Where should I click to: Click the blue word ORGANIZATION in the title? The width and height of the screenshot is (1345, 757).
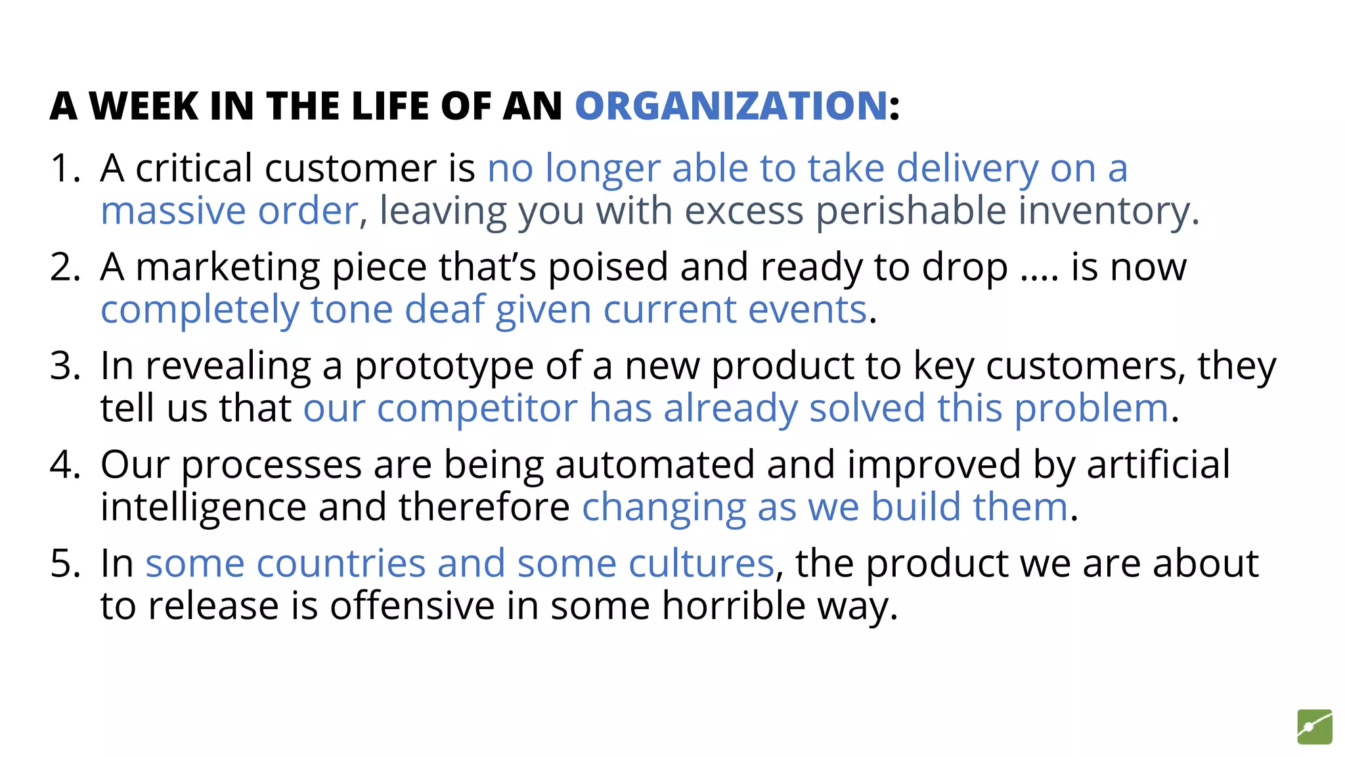[x=731, y=106]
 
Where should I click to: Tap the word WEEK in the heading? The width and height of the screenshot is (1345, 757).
[x=143, y=106]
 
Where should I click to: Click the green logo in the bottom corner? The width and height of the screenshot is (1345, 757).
[x=1314, y=727]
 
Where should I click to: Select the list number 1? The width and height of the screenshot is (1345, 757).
[x=64, y=168]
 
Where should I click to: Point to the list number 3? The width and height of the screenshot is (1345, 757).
[x=64, y=366]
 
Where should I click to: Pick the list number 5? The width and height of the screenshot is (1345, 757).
[x=64, y=564]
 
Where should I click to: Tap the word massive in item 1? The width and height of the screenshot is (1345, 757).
[x=173, y=212]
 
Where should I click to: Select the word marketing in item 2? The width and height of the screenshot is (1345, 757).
[x=227, y=267]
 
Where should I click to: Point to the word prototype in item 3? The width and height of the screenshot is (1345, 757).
[x=444, y=366]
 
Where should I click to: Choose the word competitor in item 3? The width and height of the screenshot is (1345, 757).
[x=477, y=409]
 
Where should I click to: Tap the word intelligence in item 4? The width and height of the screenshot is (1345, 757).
[x=204, y=507]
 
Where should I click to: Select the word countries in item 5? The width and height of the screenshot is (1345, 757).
[x=341, y=564]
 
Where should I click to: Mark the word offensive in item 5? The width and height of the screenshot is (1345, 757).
[x=412, y=606]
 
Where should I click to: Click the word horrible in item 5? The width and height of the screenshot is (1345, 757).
[x=733, y=606]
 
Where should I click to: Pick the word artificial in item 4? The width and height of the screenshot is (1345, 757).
[x=1158, y=465]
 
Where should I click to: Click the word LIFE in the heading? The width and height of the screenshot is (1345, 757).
[x=389, y=106]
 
